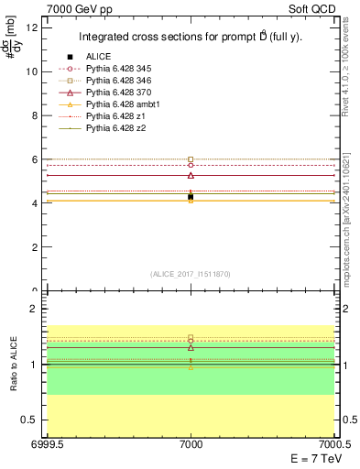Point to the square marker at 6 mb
[x=191, y=159]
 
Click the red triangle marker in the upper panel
[x=191, y=175]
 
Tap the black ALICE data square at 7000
[x=191, y=197]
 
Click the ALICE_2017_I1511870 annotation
[x=190, y=274]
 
